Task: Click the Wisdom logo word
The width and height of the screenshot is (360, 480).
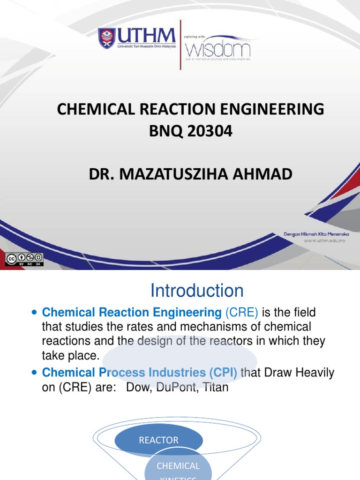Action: (x=218, y=48)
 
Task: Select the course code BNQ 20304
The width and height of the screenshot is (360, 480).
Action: (x=190, y=132)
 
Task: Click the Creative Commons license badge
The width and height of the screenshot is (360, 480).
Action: (x=24, y=259)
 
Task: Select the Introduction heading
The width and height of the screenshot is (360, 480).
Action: (x=197, y=291)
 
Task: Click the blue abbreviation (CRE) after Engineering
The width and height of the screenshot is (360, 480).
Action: (x=242, y=313)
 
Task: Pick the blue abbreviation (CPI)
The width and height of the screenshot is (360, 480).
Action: (x=220, y=373)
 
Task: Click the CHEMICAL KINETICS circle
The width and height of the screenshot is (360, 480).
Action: (x=178, y=466)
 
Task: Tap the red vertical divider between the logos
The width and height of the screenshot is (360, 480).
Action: (x=181, y=45)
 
